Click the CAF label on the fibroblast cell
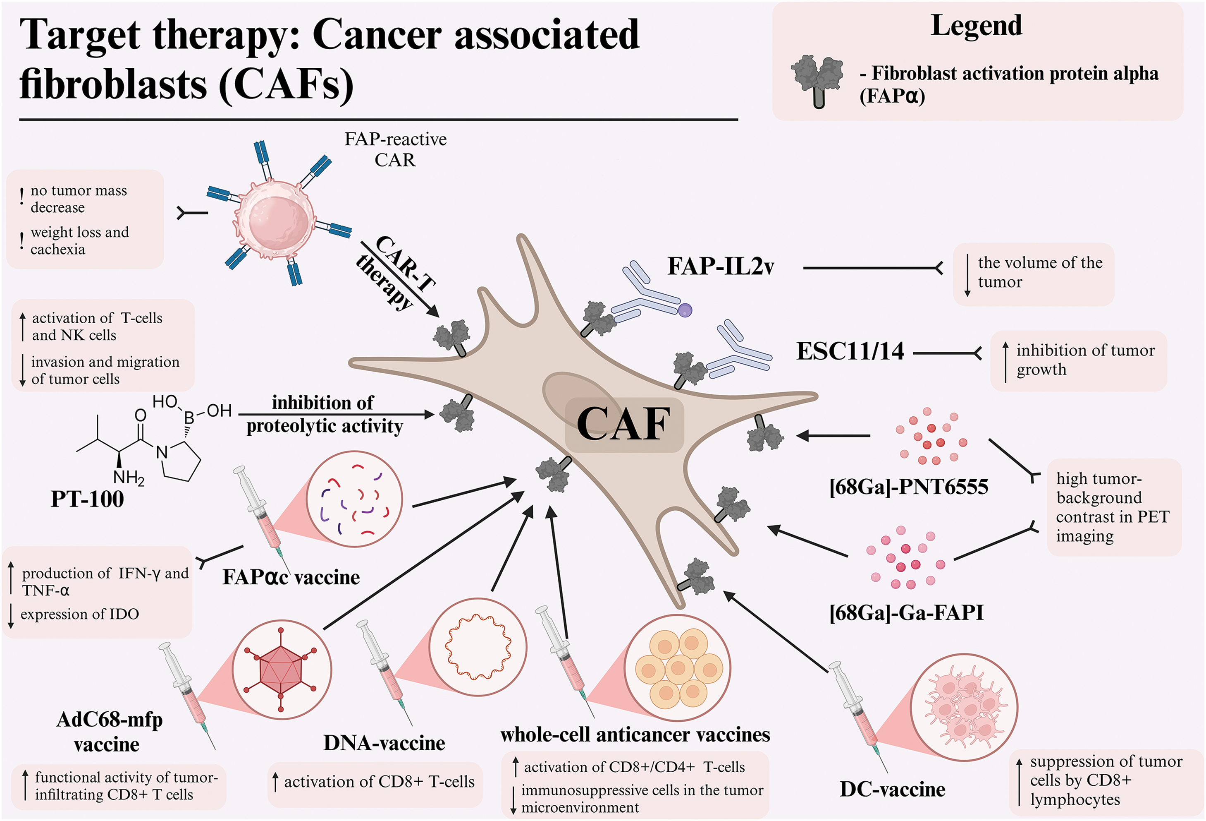pos(624,424)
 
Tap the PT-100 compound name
pos(87,499)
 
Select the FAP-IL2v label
pos(721,266)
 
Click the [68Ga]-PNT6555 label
pos(909,487)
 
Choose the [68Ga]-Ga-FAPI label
pos(907,613)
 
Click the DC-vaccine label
pos(893,789)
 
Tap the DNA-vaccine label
pos(384,743)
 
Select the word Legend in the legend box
pos(977,25)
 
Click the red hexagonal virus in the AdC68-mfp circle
pos(281,670)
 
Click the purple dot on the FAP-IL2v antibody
pos(685,310)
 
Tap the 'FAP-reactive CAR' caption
pos(395,149)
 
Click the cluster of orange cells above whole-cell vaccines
pos(678,668)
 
